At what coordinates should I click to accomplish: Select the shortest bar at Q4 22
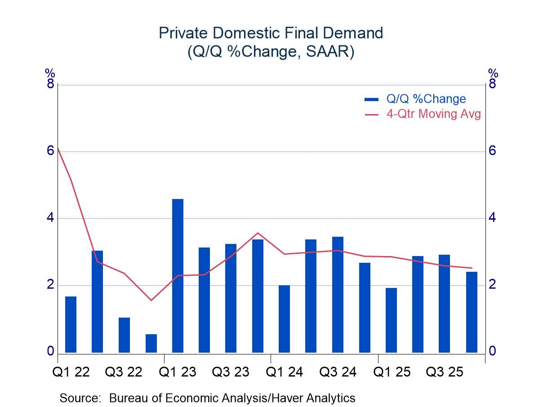click(151, 344)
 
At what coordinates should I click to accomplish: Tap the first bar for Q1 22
click(71, 324)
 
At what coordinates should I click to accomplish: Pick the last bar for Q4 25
click(472, 312)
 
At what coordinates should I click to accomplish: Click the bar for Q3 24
click(338, 295)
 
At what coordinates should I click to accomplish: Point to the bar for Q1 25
click(391, 320)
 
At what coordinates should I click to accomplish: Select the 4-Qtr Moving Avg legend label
click(433, 114)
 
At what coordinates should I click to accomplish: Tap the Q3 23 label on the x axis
click(231, 372)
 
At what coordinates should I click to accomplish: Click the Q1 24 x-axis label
click(285, 372)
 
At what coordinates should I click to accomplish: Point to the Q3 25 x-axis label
click(445, 372)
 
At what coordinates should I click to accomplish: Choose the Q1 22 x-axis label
click(71, 372)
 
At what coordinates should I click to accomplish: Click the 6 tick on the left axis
click(50, 151)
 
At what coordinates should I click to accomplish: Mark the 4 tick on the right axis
click(493, 218)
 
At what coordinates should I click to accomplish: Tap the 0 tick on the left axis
click(50, 351)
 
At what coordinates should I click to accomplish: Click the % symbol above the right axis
click(493, 73)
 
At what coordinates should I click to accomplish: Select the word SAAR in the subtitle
click(331, 52)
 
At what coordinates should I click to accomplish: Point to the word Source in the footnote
click(80, 398)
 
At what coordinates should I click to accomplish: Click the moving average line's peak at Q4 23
click(258, 233)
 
